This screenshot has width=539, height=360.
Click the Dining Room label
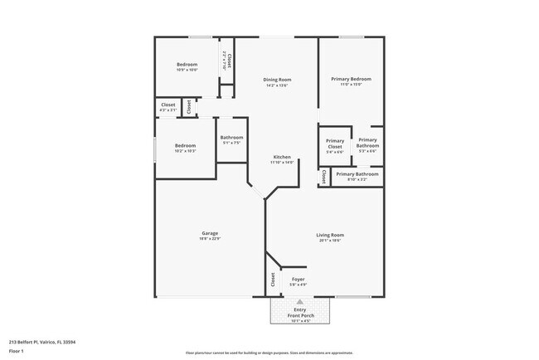(277, 80)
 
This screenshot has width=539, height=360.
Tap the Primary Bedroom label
(351, 79)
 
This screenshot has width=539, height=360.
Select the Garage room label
(210, 234)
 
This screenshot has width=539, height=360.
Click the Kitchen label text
(282, 157)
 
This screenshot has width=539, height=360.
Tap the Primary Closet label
(335, 144)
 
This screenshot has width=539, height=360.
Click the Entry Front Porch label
(300, 313)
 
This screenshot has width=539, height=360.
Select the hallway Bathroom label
(231, 138)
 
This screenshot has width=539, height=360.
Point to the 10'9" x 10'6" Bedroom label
(187, 65)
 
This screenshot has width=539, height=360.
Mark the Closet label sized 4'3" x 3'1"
(168, 105)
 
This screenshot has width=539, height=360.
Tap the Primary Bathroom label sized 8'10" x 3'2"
(357, 174)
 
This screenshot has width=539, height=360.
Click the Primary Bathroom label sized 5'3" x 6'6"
(367, 144)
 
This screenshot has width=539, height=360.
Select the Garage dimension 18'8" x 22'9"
(210, 240)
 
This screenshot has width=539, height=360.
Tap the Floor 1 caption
(17, 351)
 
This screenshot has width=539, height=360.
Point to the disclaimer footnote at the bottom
(269, 353)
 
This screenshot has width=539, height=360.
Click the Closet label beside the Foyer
(272, 280)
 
